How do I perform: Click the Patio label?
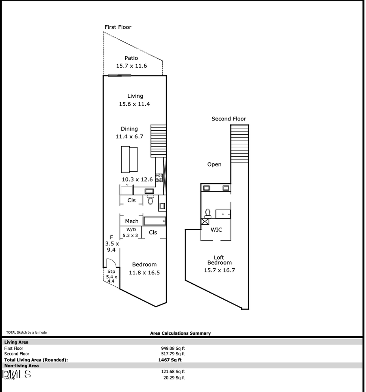click(131, 58)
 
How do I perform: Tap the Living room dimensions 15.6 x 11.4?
click(134, 104)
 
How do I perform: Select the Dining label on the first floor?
click(129, 129)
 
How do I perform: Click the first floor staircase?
click(159, 141)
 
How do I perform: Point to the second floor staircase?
click(240, 144)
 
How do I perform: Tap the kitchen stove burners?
click(159, 177)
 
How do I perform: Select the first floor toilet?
click(150, 199)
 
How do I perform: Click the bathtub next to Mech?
click(155, 221)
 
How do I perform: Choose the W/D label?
click(131, 230)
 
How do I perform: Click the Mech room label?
click(131, 221)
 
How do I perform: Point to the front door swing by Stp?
click(111, 263)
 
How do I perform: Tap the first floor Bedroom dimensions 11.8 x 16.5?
click(144, 273)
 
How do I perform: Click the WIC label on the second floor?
click(216, 230)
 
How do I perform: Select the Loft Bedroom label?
click(219, 260)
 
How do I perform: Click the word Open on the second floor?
click(214, 164)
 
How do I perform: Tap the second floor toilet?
click(208, 213)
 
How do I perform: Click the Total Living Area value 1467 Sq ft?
click(170, 360)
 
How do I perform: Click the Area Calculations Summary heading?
click(180, 333)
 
